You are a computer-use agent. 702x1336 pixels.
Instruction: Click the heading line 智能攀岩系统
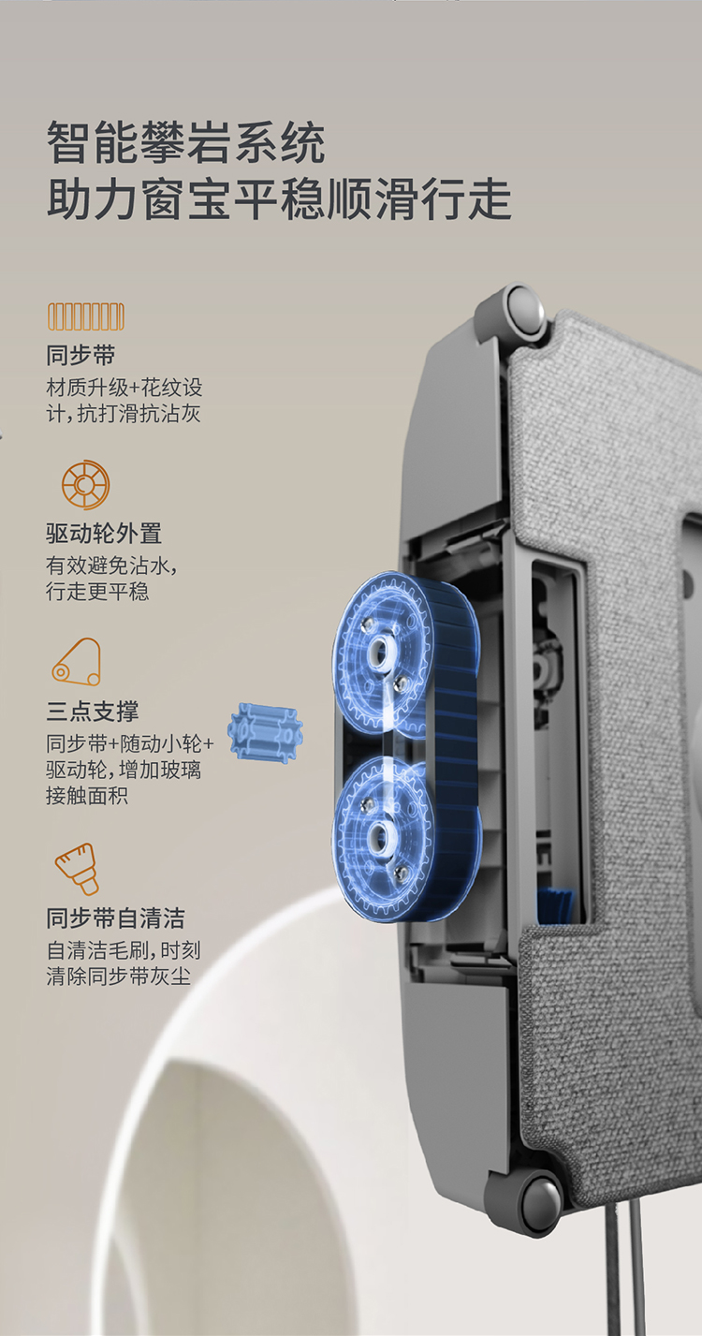pyautogui.click(x=186, y=142)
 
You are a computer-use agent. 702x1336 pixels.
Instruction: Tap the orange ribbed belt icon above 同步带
pyautogui.click(x=86, y=316)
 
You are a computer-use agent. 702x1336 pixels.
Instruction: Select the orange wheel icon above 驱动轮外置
pyautogui.click(x=86, y=484)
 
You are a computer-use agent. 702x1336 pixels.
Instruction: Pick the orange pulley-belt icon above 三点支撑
pyautogui.click(x=77, y=663)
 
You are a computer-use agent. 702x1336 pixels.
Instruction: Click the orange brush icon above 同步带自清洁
pyautogui.click(x=77, y=869)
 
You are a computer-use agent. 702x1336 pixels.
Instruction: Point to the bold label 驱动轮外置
pyautogui.click(x=104, y=534)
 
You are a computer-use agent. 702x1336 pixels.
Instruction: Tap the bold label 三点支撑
pyautogui.click(x=93, y=711)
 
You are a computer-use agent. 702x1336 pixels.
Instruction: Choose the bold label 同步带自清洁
pyautogui.click(x=116, y=918)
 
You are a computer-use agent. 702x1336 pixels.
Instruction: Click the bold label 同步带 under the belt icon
pyautogui.click(x=80, y=356)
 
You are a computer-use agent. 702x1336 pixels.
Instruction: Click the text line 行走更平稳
pyautogui.click(x=97, y=591)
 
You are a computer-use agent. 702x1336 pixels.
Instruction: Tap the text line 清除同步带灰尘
pyautogui.click(x=118, y=976)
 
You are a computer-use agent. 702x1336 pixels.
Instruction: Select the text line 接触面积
pyautogui.click(x=87, y=795)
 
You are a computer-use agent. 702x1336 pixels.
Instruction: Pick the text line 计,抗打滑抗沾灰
pyautogui.click(x=123, y=413)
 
